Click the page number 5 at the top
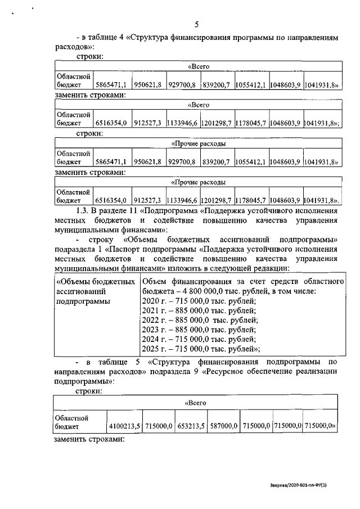coord(197,24)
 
